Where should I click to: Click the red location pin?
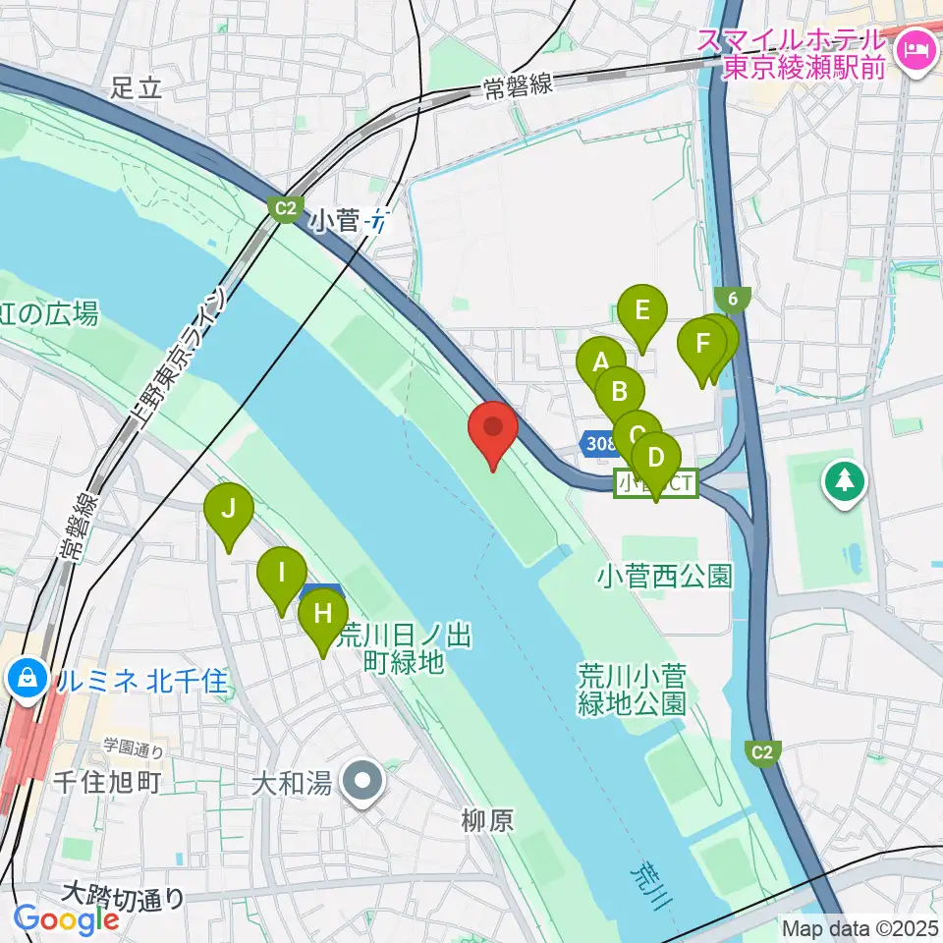(493, 433)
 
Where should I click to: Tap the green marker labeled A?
(599, 361)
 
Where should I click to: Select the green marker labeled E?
(642, 313)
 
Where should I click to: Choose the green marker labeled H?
(322, 617)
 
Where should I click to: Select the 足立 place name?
(135, 88)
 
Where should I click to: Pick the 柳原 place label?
(487, 820)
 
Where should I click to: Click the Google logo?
(66, 919)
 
